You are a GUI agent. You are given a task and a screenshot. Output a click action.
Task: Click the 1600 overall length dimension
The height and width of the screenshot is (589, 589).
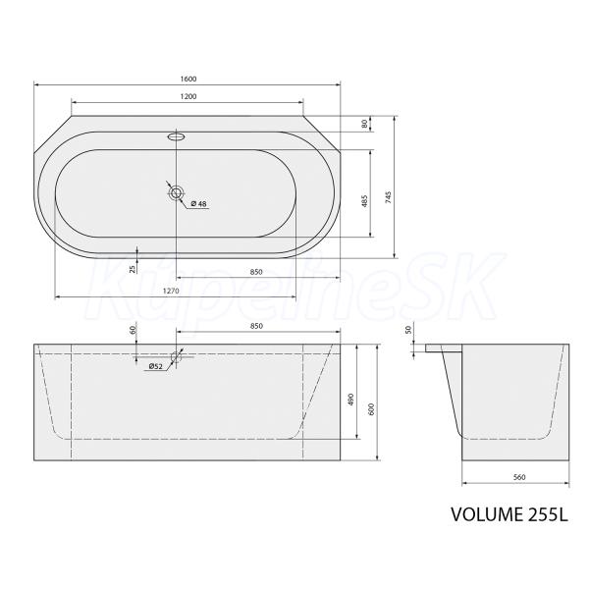[188, 79]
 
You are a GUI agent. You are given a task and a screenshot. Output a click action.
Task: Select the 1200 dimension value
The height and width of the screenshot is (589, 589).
[188, 96]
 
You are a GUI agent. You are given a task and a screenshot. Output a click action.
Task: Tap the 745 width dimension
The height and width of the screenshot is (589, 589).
[389, 197]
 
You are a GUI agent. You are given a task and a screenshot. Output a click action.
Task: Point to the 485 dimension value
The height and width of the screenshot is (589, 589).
[364, 201]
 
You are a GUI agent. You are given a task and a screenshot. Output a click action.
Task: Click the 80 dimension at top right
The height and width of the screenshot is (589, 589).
[364, 124]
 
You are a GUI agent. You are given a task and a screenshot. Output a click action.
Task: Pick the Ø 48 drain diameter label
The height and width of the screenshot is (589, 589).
[198, 203]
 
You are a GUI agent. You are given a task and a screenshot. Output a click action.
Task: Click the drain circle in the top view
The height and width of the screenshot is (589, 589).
[176, 193]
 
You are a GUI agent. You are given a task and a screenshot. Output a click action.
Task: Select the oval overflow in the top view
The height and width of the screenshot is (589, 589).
[176, 136]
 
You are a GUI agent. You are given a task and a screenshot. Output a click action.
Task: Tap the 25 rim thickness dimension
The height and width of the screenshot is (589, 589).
[133, 269]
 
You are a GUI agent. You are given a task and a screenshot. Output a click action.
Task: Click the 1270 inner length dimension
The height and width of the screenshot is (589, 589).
[171, 291]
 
